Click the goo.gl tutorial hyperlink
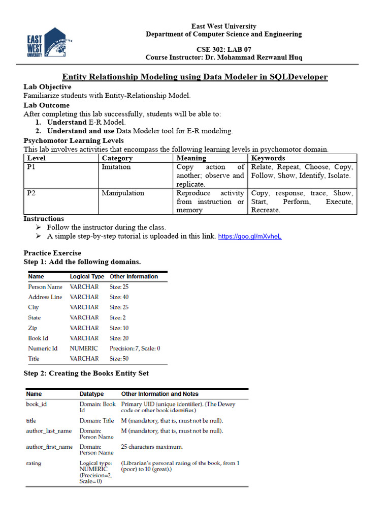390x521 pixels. pyautogui.click(x=249, y=237)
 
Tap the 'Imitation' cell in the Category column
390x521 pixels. pyautogui.click(x=116, y=167)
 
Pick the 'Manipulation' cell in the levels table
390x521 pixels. pyautogui.click(x=123, y=193)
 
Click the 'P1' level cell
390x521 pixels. pyautogui.click(x=31, y=167)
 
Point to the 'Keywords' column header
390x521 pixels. pyautogui.click(x=268, y=158)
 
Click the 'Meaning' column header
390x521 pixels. pyautogui.click(x=191, y=158)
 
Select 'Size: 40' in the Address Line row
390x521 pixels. pyautogui.click(x=119, y=297)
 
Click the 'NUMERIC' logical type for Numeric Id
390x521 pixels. pyautogui.click(x=84, y=349)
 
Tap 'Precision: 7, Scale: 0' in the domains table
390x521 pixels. pyautogui.click(x=135, y=349)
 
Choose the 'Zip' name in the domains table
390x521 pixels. pyautogui.click(x=32, y=328)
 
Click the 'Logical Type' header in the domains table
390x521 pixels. pyautogui.click(x=87, y=277)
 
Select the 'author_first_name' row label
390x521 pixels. pyautogui.click(x=49, y=447)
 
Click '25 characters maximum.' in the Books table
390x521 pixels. pyautogui.click(x=152, y=447)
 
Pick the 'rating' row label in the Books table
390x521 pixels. pyautogui.click(x=34, y=464)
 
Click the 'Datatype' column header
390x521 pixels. pyautogui.click(x=91, y=394)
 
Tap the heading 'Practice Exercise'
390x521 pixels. pyautogui.click(x=52, y=253)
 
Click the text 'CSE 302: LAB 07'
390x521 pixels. pyautogui.click(x=223, y=50)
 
